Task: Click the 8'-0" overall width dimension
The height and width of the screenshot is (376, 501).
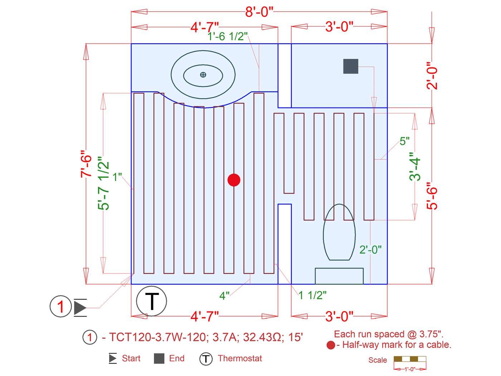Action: [x=259, y=12]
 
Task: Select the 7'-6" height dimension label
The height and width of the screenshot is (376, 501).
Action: [x=86, y=164]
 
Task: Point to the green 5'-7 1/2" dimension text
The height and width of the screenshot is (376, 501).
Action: [x=103, y=183]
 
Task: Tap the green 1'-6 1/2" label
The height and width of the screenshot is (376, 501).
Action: [x=228, y=36]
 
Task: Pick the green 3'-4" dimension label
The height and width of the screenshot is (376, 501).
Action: [x=415, y=167]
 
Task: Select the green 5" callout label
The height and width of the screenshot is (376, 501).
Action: [x=405, y=141]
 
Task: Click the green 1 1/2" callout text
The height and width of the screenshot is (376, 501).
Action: [x=312, y=295]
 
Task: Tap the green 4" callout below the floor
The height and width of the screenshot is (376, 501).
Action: [x=224, y=296]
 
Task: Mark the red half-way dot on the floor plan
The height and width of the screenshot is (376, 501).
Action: [x=234, y=180]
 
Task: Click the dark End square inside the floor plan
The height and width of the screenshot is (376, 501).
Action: [x=351, y=66]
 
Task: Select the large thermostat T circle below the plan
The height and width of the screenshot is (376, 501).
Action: [x=151, y=301]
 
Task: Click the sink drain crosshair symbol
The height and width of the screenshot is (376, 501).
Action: [x=203, y=75]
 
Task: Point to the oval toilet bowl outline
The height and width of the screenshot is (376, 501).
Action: [x=339, y=232]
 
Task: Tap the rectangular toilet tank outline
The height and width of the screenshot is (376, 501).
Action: [x=339, y=276]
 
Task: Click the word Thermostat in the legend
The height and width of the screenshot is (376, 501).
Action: [x=240, y=358]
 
